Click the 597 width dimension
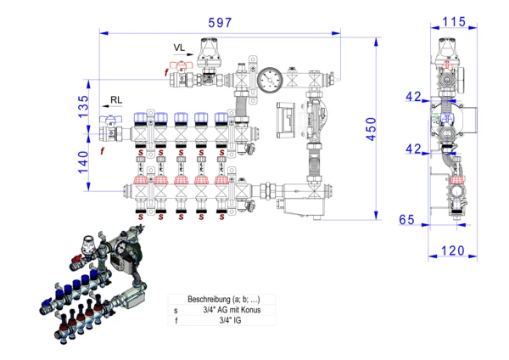tap(220, 23)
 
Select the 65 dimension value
tap(406, 220)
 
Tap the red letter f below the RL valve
tap(103, 151)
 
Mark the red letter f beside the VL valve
tap(166, 73)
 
